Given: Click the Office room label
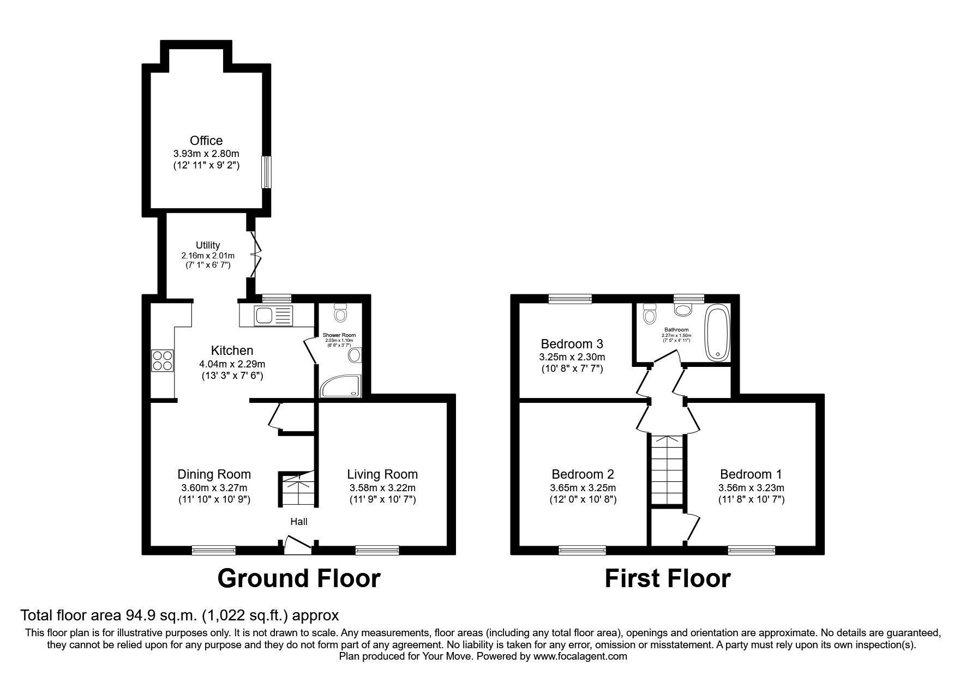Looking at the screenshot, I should [206, 141].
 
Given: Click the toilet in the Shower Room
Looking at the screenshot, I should [341, 313].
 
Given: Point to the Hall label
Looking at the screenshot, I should [298, 522].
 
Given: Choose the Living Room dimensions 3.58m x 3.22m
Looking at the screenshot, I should [382, 488].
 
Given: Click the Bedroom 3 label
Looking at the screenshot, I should [572, 344].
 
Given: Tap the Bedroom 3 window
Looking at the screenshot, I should [570, 298].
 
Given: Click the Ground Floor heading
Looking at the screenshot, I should [298, 578].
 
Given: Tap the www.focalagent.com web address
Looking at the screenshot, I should [580, 656].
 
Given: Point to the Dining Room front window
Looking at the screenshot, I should [213, 550].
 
